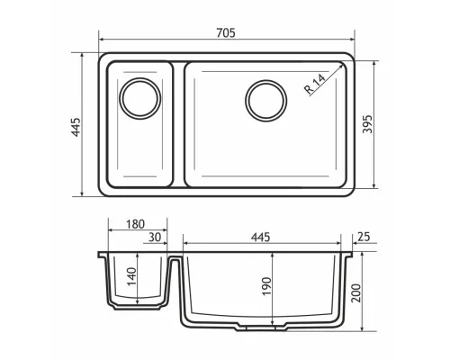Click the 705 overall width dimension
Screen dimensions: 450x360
226,32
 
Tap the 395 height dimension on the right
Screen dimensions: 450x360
367,124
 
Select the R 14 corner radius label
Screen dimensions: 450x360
315,84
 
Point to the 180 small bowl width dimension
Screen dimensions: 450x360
135,224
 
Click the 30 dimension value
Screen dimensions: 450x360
155,238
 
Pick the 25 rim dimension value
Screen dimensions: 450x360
364,237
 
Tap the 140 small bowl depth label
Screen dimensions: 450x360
131,276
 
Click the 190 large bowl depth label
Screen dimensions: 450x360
266,286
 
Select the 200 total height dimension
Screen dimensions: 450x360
356,292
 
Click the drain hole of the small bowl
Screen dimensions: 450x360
140,98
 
